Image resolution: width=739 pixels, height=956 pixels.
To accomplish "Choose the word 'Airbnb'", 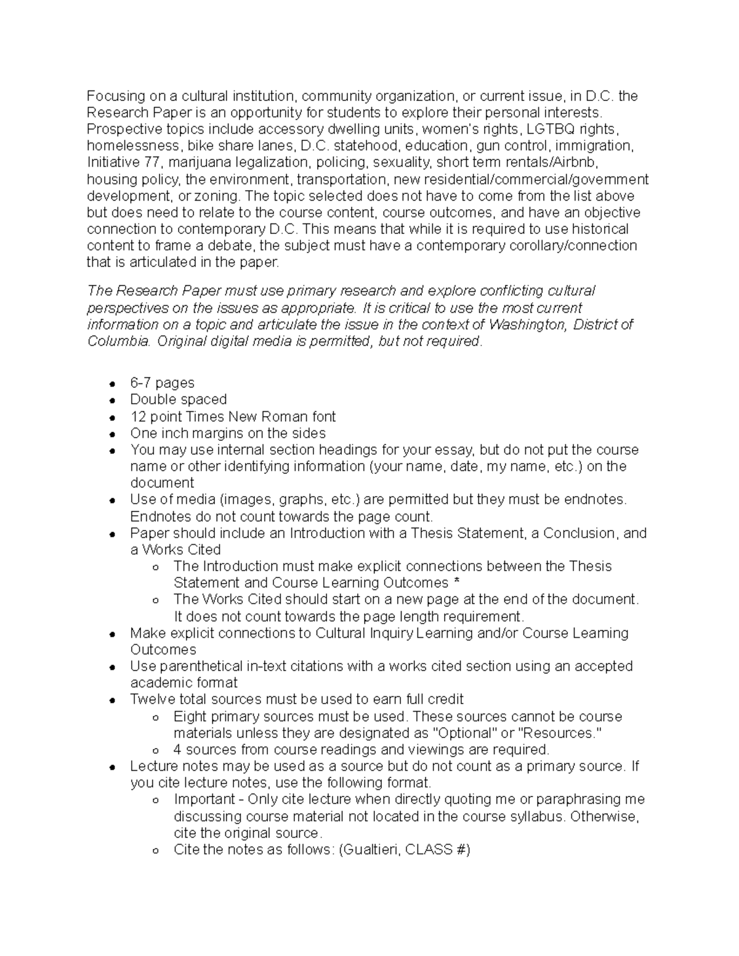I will click(575, 163).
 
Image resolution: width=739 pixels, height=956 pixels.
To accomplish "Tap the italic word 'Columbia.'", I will click(118, 341).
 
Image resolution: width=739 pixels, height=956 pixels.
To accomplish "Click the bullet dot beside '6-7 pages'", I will click(112, 384).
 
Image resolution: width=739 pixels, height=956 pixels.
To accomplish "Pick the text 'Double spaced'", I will click(178, 400).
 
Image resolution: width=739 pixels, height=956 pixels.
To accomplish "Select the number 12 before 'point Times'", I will click(138, 417).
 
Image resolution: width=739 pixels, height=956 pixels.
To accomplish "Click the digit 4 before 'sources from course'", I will click(177, 750).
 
